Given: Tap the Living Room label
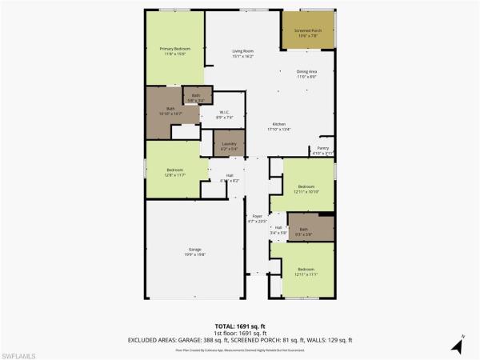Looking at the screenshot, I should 242,54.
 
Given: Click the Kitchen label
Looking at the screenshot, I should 279,126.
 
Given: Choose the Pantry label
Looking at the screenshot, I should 322,150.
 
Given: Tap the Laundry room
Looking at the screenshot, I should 229,146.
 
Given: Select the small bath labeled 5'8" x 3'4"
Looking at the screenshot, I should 196,98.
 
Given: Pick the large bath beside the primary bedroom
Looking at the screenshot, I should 170,111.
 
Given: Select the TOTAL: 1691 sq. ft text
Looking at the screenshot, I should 240,326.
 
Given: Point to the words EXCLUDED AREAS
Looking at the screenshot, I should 153,340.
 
